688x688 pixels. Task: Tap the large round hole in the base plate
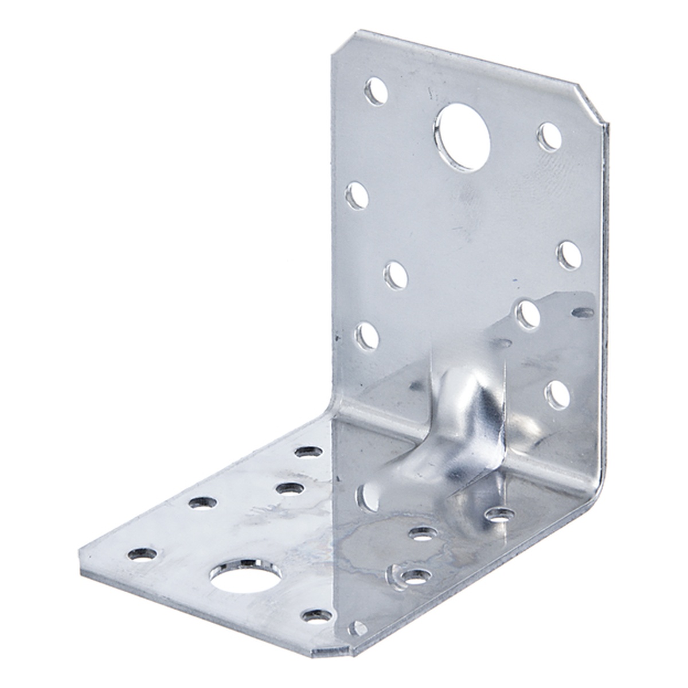245,576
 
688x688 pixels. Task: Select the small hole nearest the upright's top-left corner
376,91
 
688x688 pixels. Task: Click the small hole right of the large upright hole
549,136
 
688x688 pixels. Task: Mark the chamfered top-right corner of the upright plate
591,103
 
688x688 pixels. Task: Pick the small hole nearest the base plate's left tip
142,554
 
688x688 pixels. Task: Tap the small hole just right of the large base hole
317,615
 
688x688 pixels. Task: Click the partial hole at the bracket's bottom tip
357,628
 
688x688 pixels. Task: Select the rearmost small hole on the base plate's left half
308,452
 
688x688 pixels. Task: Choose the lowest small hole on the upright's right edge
557,395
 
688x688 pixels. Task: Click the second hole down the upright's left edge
358,196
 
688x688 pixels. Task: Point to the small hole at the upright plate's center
396,275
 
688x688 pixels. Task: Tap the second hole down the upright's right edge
569,255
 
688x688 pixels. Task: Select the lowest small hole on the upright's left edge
367,336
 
